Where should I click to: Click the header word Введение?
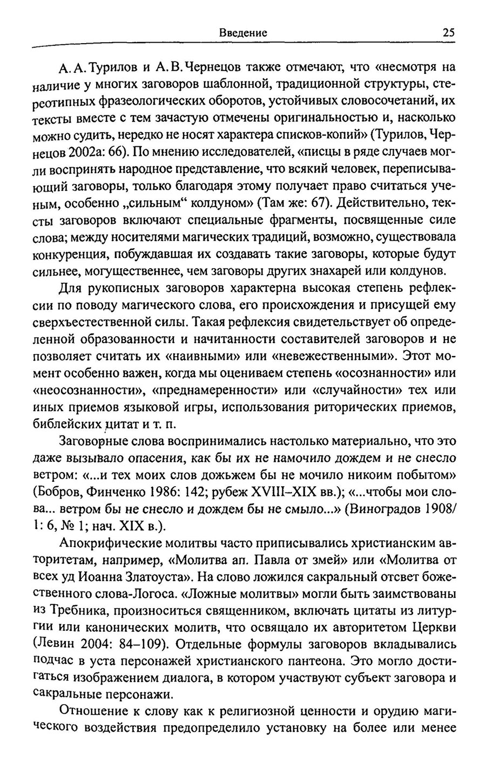[243, 32]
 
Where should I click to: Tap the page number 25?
[448, 32]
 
